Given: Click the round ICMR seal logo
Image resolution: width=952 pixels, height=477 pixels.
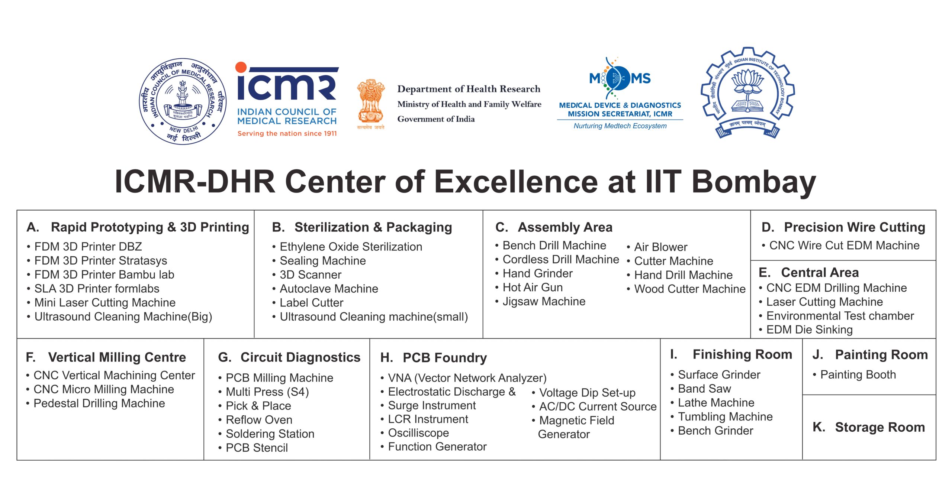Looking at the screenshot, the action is tap(183, 101).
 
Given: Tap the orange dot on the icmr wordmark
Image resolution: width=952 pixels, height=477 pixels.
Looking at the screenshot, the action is tap(241, 67).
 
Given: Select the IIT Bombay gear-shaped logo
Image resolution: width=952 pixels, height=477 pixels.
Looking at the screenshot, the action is tap(748, 93).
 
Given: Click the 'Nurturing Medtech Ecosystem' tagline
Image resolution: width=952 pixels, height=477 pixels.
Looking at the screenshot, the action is tap(620, 126).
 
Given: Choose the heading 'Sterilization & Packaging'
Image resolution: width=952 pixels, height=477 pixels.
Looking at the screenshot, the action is tap(373, 227).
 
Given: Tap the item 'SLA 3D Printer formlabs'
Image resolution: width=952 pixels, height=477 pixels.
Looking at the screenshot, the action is tap(97, 289).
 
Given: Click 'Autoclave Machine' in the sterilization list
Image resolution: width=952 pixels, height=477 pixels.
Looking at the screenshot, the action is tap(329, 289).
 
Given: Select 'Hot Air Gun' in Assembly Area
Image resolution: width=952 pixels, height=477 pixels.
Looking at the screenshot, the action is tap(533, 287).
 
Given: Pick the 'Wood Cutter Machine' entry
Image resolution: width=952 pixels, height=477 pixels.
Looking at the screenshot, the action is tap(690, 289).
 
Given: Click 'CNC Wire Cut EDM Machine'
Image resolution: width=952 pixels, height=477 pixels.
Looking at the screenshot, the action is tap(844, 245).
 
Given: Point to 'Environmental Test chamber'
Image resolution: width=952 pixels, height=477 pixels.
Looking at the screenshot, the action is tap(840, 316).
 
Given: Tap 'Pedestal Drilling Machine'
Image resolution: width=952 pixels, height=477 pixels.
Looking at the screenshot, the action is tap(99, 403).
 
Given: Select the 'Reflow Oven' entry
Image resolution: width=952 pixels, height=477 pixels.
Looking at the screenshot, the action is tap(259, 420).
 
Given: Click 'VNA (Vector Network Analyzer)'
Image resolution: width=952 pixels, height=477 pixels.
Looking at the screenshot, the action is tap(467, 378).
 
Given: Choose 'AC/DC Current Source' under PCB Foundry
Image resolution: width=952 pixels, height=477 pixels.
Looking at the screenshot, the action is tap(598, 406).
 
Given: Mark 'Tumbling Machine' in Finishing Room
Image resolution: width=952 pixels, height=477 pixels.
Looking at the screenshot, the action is tap(725, 417).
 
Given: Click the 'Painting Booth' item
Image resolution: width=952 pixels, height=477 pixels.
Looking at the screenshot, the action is tap(858, 374).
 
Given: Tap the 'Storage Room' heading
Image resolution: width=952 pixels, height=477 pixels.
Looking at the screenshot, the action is tap(880, 427).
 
